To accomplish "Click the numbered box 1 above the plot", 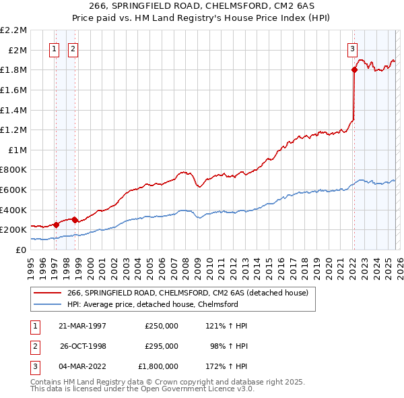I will click(54, 48).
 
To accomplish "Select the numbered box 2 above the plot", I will click(73, 48).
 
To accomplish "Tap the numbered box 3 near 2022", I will click(352, 48).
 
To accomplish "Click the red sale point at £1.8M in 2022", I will click(353, 69).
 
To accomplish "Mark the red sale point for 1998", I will click(75, 220).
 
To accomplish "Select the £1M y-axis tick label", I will click(16, 150).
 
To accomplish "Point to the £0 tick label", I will click(21, 250).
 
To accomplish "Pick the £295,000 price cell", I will click(162, 346).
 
